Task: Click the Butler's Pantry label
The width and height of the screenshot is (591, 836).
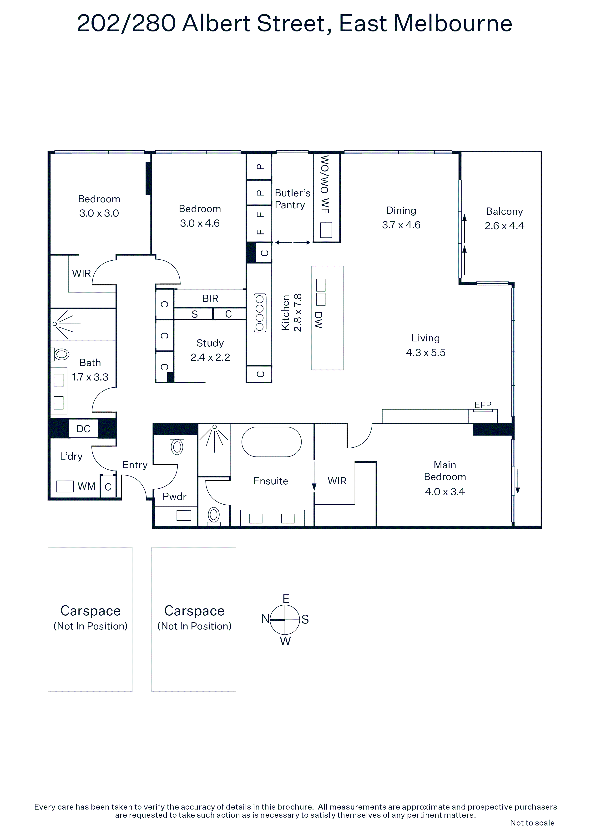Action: [x=293, y=199]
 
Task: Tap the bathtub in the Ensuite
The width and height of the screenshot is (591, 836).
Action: [x=272, y=442]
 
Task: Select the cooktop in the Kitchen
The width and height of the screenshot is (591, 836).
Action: [x=260, y=313]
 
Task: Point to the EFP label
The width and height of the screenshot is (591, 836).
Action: [x=483, y=405]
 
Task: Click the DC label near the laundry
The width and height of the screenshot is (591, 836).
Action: [x=83, y=429]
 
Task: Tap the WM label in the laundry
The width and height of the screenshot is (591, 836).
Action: [x=86, y=486]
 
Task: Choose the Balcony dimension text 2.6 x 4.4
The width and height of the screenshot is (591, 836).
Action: [x=504, y=226]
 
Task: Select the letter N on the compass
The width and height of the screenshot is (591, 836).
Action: [x=265, y=619]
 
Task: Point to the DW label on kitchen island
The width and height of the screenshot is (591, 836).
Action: [x=318, y=320]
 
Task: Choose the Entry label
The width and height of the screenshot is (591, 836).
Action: [x=135, y=465]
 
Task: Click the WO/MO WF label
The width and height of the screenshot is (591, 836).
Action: [x=325, y=184]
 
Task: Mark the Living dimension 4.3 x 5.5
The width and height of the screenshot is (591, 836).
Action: [x=426, y=352]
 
